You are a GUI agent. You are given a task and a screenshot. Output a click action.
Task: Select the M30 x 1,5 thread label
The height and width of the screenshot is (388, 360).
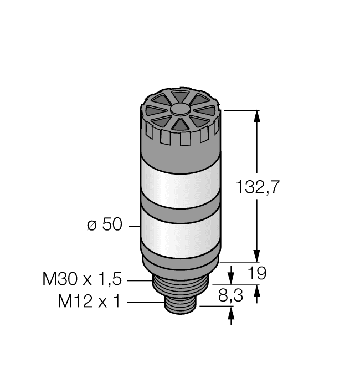[81, 278]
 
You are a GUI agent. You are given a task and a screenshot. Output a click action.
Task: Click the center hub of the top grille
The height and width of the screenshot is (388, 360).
[179, 110]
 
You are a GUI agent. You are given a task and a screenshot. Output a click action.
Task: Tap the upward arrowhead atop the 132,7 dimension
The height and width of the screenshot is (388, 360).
[257, 116]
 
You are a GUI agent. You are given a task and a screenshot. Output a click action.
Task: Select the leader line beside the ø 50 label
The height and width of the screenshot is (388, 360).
[132, 226]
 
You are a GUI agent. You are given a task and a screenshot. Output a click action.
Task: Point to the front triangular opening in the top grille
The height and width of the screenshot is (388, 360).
[180, 125]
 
